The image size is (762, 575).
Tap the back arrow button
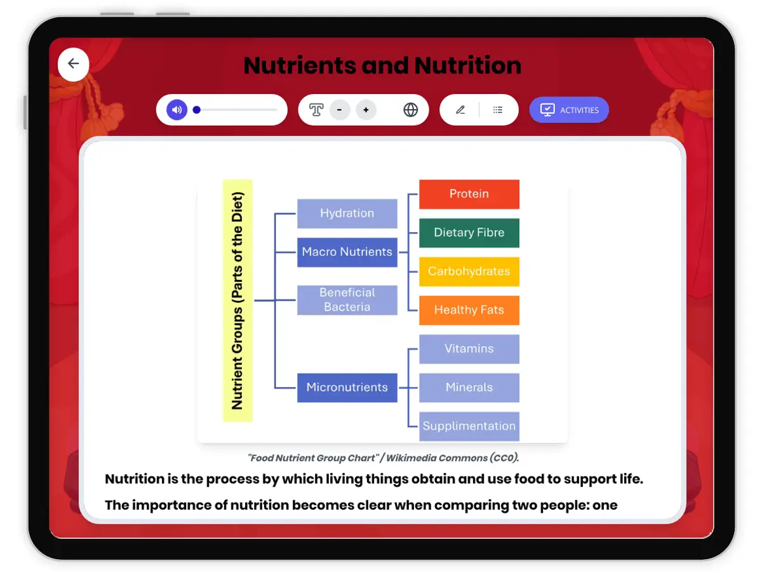74,64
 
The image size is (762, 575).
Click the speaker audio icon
177,110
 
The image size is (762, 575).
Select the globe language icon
411,110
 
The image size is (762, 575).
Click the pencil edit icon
460,110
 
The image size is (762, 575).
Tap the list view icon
498,110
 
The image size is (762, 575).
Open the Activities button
569,110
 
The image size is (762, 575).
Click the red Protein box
469,194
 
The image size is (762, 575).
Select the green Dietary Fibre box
469,233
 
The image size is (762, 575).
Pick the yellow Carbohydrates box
469,272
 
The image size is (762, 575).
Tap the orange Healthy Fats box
469,310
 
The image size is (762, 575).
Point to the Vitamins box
469,349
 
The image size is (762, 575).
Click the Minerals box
469,388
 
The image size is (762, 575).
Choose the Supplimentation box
469,426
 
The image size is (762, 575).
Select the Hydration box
347,214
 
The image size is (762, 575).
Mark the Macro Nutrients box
347,252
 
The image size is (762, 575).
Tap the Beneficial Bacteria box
347,300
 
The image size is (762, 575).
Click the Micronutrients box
347,388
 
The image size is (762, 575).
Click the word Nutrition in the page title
468,65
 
